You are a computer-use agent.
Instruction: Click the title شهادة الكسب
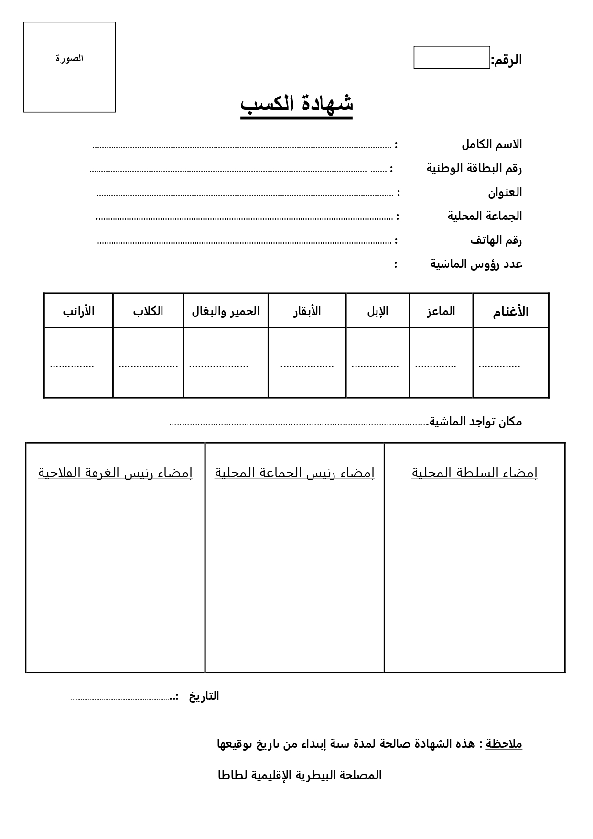tap(296, 104)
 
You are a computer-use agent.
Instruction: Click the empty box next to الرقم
tap(452, 57)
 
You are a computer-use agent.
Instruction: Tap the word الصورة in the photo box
tap(70, 59)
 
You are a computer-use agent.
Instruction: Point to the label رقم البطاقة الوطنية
tap(474, 168)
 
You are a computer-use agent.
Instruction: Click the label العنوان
tap(505, 192)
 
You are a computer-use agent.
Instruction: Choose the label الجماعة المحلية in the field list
tap(485, 216)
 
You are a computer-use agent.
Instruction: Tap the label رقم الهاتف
tap(496, 240)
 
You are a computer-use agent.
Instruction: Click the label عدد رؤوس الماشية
tap(476, 263)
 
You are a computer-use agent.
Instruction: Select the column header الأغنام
tap(510, 312)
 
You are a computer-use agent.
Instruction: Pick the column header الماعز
tap(441, 311)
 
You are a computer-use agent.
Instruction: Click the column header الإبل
tap(377, 311)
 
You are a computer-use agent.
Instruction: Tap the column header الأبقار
tap(307, 311)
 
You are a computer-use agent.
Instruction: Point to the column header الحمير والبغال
tap(226, 311)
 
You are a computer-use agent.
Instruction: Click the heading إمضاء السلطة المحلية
tap(474, 473)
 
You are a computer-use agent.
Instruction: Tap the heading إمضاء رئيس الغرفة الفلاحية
tap(115, 473)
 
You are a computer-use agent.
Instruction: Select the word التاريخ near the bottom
tap(204, 696)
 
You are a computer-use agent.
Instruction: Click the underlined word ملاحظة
tap(504, 744)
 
